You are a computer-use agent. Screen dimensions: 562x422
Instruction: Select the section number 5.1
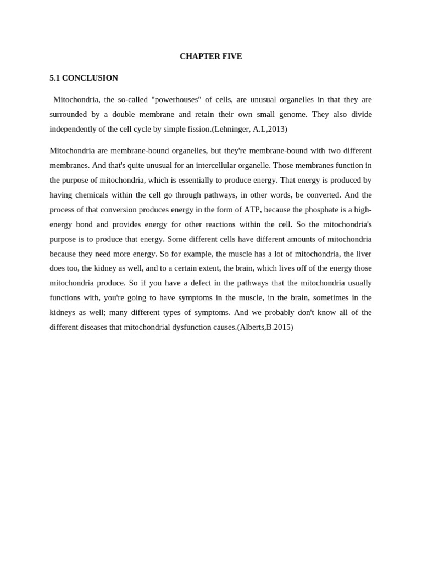[54, 78]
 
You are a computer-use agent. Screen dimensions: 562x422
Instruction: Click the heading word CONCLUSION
[90, 78]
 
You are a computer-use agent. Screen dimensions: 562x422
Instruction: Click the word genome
[293, 114]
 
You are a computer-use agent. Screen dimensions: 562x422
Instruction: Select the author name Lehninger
[232, 129]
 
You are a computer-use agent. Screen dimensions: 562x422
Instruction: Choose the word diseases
[106, 327]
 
